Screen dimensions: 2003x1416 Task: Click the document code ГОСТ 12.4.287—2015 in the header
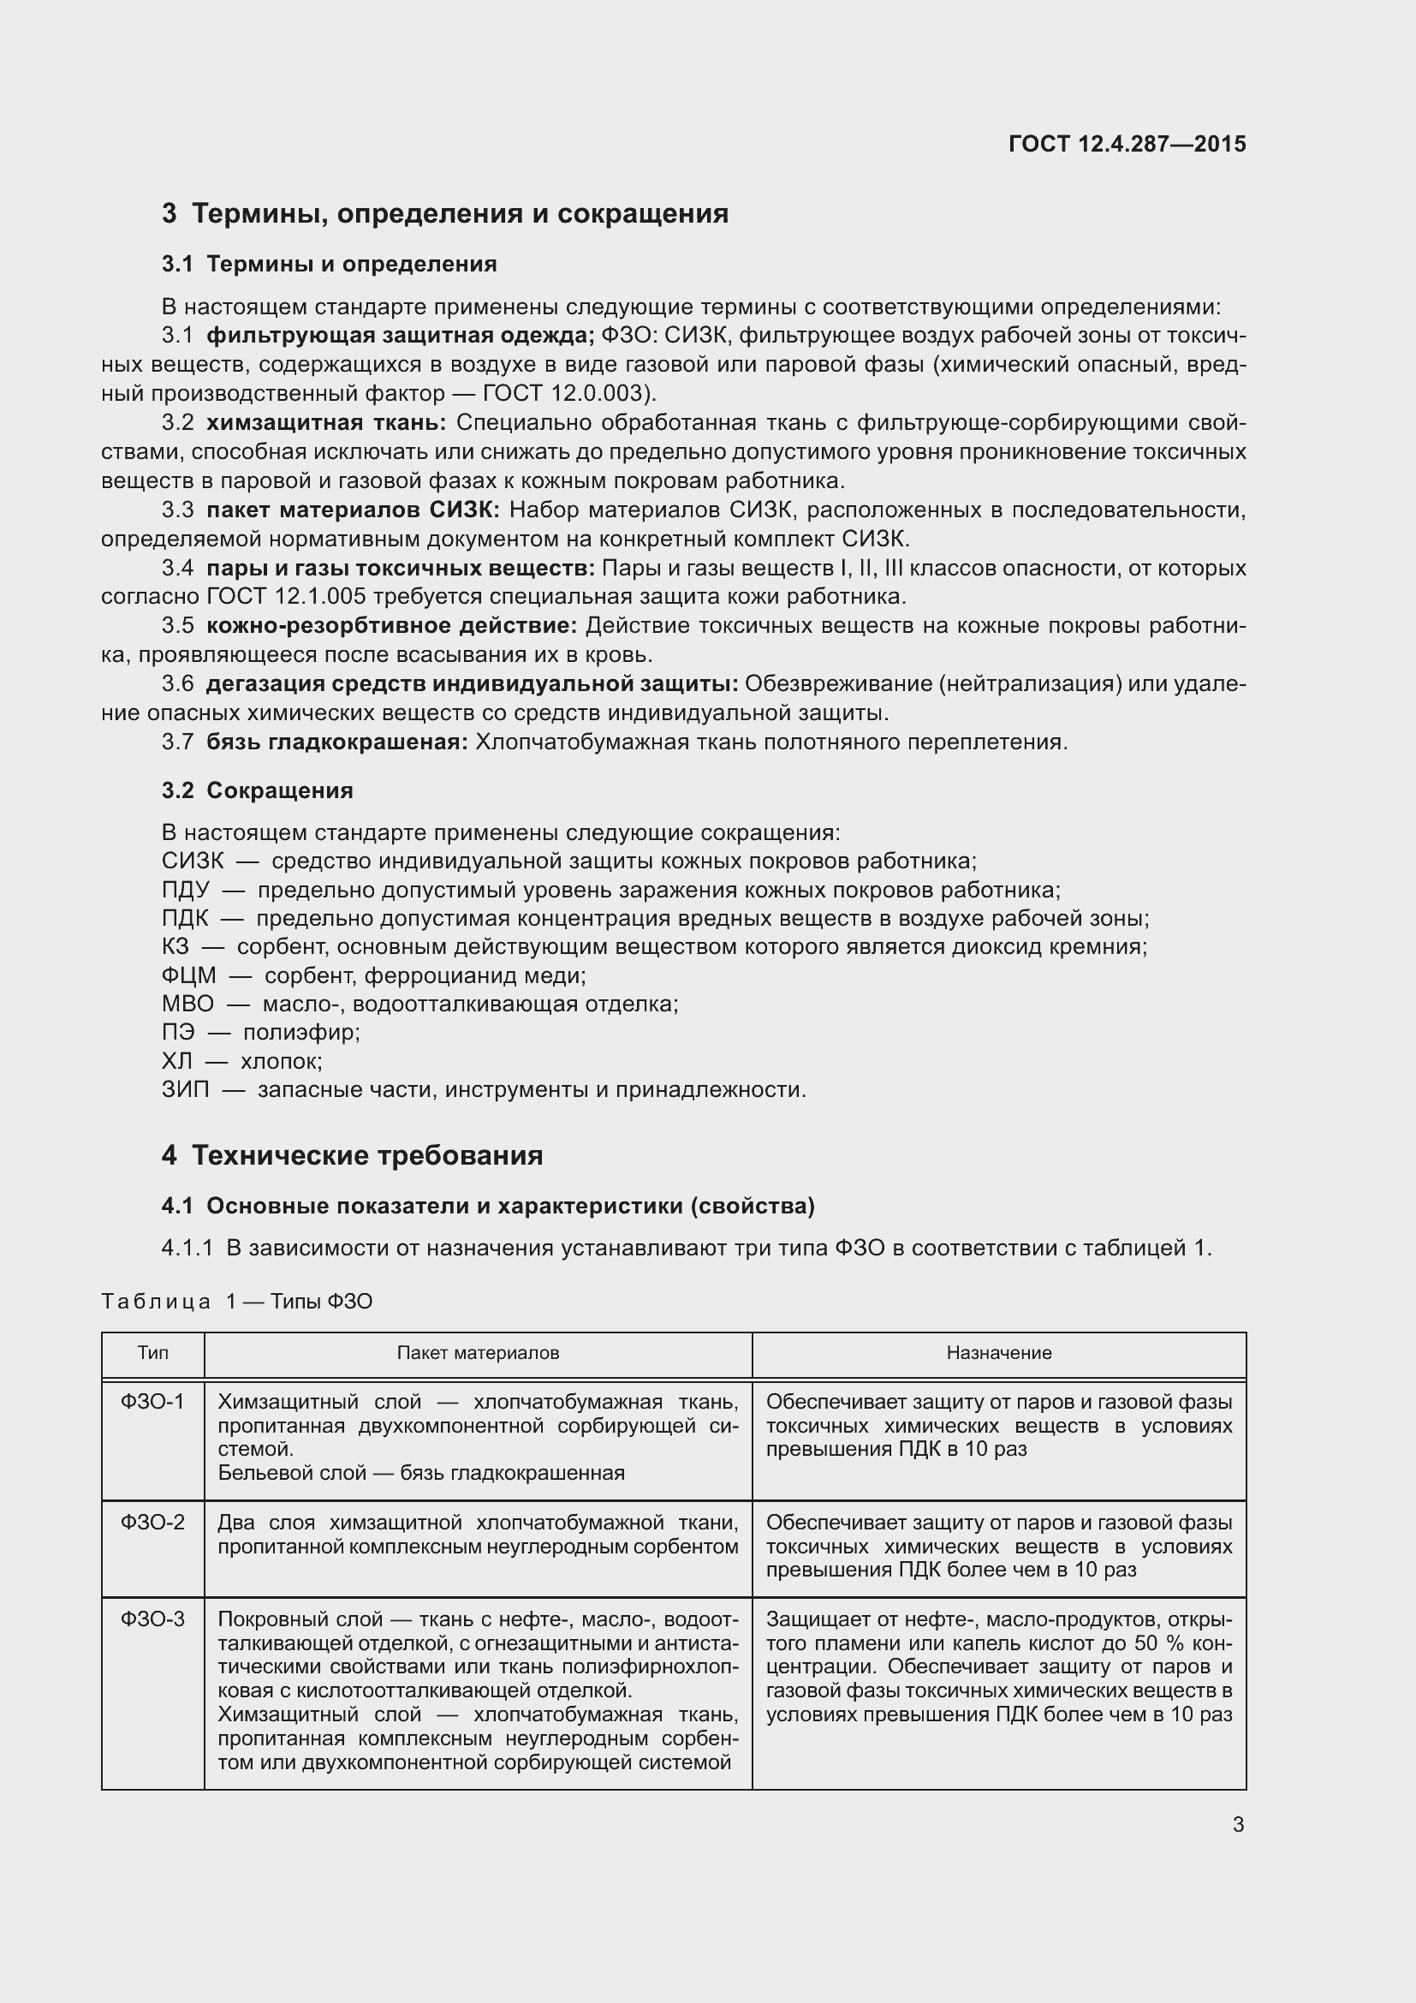pyautogui.click(x=1127, y=144)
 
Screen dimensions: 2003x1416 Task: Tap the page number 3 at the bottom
pyautogui.click(x=1238, y=1824)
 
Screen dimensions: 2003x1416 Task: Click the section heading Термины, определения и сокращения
pyautogui.click(x=460, y=214)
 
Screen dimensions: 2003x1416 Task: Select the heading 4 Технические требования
pyautogui.click(x=352, y=1155)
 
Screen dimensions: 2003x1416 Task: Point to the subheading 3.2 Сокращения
pyautogui.click(x=257, y=790)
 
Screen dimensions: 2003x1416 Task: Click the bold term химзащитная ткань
pyautogui.click(x=326, y=423)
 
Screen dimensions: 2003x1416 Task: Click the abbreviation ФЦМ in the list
pyautogui.click(x=188, y=975)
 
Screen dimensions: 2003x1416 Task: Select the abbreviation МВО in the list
pyautogui.click(x=187, y=1004)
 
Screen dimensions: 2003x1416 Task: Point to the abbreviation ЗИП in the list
pyautogui.click(x=185, y=1090)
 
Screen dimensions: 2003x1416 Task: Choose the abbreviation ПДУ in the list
pyautogui.click(x=185, y=890)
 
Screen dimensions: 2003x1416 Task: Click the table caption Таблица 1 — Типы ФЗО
pyautogui.click(x=237, y=1302)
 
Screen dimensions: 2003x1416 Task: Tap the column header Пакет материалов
pyautogui.click(x=478, y=1353)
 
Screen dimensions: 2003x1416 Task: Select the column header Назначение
pyautogui.click(x=999, y=1353)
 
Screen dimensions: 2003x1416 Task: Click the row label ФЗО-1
pyautogui.click(x=152, y=1402)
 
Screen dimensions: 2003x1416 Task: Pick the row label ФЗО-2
pyautogui.click(x=152, y=1523)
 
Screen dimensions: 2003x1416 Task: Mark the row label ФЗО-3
pyautogui.click(x=152, y=1619)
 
